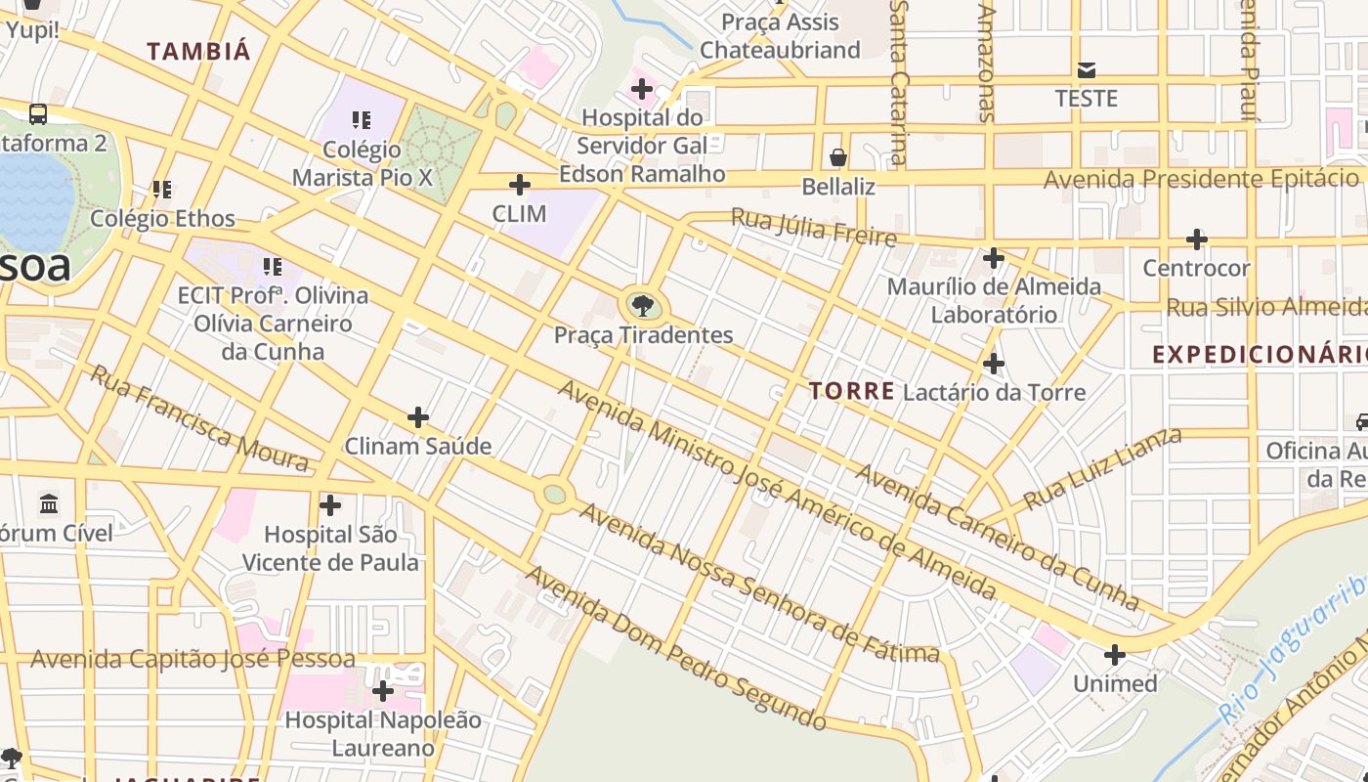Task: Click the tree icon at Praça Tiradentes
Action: (x=642, y=306)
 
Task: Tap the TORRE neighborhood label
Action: (x=852, y=391)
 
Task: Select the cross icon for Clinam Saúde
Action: (x=418, y=417)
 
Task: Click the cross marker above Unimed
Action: (x=1114, y=655)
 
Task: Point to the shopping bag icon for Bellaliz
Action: (x=837, y=156)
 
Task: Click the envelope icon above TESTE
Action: (x=1087, y=70)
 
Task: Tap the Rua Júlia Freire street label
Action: (x=813, y=228)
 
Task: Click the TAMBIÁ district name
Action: (x=199, y=52)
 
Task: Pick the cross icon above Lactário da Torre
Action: (x=994, y=364)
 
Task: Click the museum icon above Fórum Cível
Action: (x=49, y=504)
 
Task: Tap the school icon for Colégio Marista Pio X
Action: (x=362, y=120)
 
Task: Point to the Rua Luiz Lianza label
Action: (x=1101, y=470)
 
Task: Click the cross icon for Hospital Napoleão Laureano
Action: (x=383, y=691)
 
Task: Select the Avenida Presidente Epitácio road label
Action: (x=1201, y=179)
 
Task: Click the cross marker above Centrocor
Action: (x=1196, y=239)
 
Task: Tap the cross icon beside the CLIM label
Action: (x=520, y=184)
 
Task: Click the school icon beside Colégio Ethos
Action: (x=162, y=190)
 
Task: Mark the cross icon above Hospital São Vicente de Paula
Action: (x=330, y=505)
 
